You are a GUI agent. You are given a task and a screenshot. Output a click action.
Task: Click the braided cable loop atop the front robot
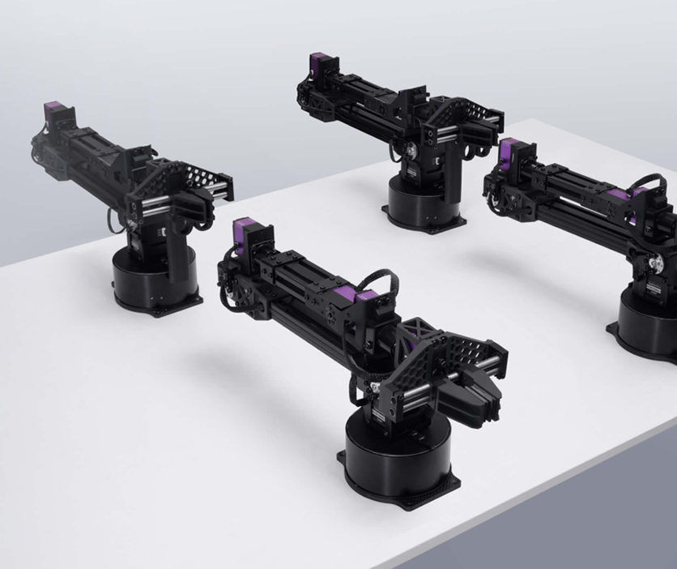coord(385,284)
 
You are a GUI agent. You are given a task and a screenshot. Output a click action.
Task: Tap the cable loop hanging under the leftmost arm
coord(113,219)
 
